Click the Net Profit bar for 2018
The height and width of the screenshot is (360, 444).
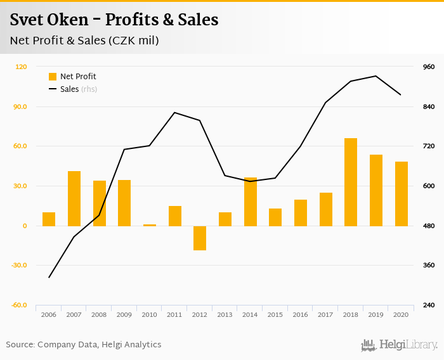351,182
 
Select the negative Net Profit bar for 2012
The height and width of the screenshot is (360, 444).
200,238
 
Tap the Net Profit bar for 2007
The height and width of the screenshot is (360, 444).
74,198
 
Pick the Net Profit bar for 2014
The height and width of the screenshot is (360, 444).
251,202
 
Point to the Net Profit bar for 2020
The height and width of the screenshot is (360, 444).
402,193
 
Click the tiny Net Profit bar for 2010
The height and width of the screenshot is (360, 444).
150,225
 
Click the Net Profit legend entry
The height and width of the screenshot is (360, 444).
72,77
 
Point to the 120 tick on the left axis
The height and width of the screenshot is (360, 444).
22,67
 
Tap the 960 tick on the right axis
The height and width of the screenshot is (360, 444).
429,67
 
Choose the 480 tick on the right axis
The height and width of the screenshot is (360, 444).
429,226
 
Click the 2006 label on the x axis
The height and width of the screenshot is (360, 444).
49,314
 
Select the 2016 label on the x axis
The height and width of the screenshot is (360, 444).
301,314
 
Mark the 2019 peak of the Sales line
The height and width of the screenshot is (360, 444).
376,76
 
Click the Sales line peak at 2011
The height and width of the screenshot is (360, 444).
174,112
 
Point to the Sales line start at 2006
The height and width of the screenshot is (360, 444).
49,278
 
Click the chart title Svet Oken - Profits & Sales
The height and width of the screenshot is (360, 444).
114,20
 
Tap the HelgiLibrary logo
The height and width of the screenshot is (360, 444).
400,345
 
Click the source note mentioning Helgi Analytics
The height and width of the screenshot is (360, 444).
84,345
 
